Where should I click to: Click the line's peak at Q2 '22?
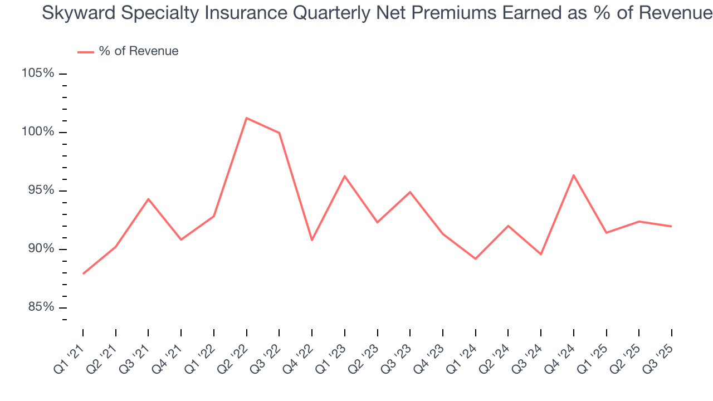[246, 118]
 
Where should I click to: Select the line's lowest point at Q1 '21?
[83, 273]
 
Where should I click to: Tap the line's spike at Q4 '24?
[573, 175]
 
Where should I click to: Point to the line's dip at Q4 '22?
[312, 240]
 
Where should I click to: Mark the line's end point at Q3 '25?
[671, 226]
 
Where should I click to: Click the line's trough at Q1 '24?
[475, 259]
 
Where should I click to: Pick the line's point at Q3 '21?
[148, 199]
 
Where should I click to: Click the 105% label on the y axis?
[38, 74]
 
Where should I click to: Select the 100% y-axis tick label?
[38, 132]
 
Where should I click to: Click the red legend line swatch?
[85, 52]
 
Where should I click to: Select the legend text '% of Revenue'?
[139, 51]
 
